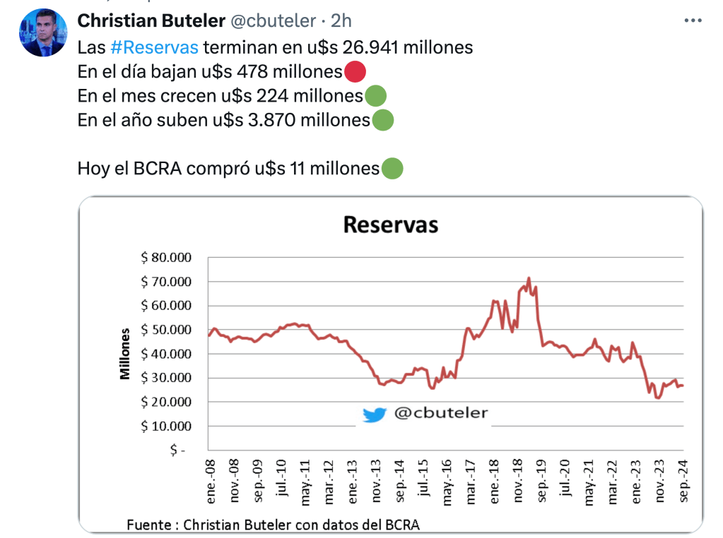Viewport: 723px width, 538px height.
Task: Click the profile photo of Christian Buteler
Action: click(x=43, y=33)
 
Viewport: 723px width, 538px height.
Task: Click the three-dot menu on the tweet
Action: click(x=693, y=21)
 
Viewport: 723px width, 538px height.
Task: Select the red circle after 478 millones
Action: click(x=355, y=71)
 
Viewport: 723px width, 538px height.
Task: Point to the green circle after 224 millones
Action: click(x=375, y=95)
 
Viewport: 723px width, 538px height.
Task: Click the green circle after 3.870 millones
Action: click(x=382, y=120)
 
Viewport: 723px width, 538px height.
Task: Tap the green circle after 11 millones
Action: click(x=392, y=169)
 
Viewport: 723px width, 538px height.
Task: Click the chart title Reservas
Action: click(x=390, y=225)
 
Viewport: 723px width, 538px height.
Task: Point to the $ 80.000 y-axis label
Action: click(x=167, y=258)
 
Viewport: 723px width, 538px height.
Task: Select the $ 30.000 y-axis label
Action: click(x=167, y=378)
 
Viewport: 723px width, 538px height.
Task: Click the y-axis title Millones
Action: click(x=125, y=354)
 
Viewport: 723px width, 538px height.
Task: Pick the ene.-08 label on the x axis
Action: click(x=211, y=484)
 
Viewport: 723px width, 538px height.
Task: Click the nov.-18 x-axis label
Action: click(x=518, y=484)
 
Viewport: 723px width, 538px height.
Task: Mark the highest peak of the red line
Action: click(x=529, y=277)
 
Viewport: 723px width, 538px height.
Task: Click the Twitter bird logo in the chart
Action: click(x=375, y=414)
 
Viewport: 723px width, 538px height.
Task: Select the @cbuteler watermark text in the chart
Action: click(x=440, y=413)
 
